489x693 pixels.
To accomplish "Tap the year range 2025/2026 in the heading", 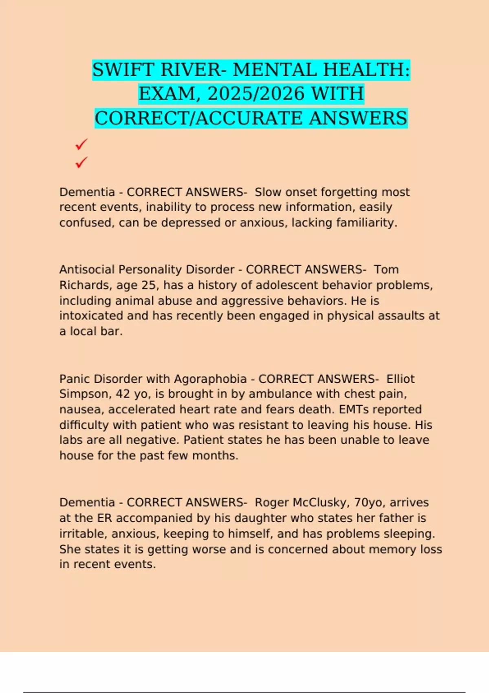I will [256, 94].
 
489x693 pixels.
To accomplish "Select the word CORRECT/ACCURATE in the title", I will [198, 119].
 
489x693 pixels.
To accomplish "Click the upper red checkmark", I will [81, 144].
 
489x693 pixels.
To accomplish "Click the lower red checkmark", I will [81, 163].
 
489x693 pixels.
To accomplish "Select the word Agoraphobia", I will [210, 379].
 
